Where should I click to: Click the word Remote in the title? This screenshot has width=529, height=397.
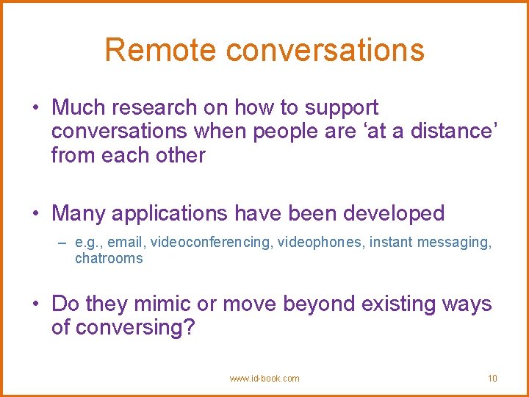[160, 50]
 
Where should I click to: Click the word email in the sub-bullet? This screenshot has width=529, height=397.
[125, 243]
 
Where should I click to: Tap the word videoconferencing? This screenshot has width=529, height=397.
[211, 243]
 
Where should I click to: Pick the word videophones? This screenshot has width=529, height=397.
[320, 243]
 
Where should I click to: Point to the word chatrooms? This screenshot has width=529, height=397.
[109, 258]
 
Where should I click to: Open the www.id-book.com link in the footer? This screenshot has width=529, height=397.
[264, 379]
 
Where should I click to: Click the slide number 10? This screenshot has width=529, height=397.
[492, 379]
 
